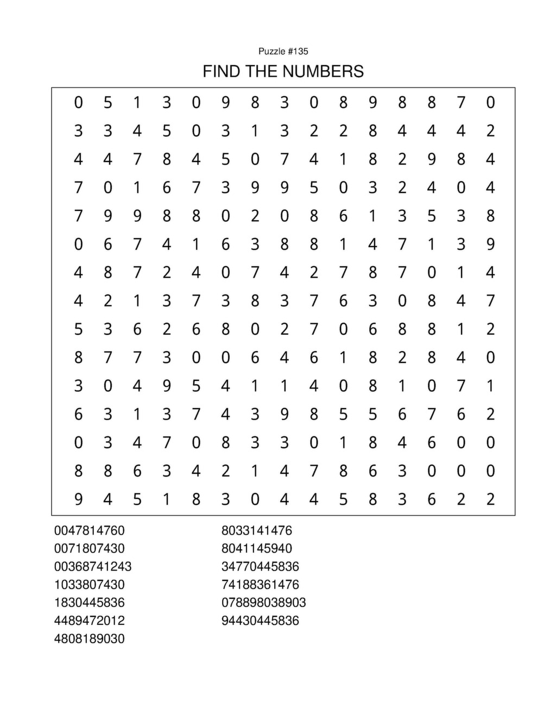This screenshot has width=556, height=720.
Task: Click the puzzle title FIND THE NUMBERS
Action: coord(283,71)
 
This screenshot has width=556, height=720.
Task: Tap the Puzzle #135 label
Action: coord(283,51)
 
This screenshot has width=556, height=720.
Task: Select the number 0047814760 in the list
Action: coord(89,530)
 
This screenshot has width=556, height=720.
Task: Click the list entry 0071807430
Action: coord(89,548)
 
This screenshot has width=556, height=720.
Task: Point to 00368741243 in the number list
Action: coord(92,566)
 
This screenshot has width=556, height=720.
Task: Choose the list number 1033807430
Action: coord(89,585)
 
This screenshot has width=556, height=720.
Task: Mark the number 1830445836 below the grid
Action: coord(89,603)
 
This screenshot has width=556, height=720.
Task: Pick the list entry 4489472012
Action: coord(89,621)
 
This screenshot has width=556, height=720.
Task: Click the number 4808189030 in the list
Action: coord(89,638)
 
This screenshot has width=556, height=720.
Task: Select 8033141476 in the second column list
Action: coord(256,530)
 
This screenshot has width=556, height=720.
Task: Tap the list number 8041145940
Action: coord(256,548)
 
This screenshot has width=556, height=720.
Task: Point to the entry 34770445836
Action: coord(260,566)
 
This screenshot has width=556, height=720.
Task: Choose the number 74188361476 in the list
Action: coord(260,585)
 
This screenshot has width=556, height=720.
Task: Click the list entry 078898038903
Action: coord(263,603)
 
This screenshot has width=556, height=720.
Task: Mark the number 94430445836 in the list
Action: coord(260,621)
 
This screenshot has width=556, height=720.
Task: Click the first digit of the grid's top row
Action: coord(79,102)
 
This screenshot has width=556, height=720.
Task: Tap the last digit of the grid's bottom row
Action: coord(490,499)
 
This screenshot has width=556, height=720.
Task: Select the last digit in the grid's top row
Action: coord(490,102)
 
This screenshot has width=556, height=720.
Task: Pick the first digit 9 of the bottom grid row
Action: coord(79,499)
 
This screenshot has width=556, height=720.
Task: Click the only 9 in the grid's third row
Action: coord(432,159)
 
